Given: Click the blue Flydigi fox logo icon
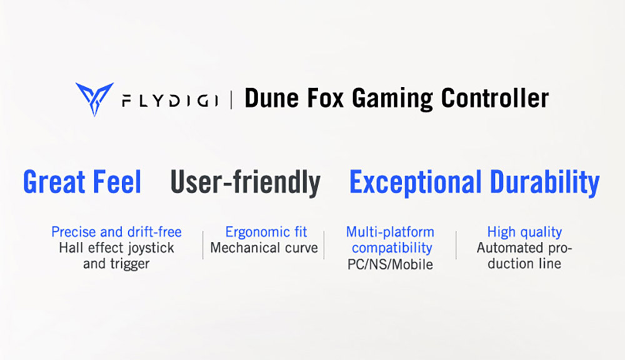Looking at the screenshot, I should point(94,99).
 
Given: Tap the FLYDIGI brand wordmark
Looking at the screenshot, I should point(169,99).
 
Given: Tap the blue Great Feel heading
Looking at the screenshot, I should point(82,182).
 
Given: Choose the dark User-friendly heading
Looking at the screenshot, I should point(245,182).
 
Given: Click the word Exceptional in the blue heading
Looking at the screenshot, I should point(415,182).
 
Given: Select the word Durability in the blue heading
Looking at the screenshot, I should point(544,182).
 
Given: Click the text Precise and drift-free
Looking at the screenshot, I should point(116,232).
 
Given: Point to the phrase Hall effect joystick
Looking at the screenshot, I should point(116,248).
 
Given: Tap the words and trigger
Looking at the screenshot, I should point(116,264).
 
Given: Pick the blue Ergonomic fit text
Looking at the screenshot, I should point(266,232).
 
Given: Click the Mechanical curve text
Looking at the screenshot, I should point(264,248).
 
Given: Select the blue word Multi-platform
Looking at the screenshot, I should point(390,232).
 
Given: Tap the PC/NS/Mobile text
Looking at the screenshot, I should point(390,264).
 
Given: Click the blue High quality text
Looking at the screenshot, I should point(524,232).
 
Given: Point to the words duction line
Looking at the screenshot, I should point(524,264).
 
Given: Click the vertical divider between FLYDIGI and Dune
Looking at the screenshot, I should point(231,99).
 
